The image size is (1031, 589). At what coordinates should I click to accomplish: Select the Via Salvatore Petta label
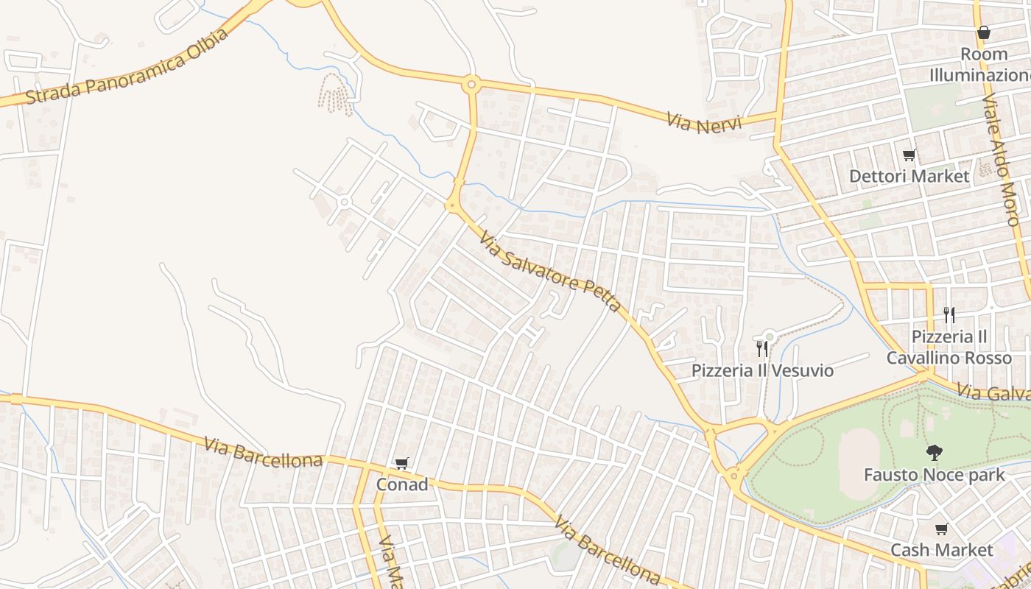(549, 270)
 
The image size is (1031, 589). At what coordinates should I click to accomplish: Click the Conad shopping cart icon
(401, 464)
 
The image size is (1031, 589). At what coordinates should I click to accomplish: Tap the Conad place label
(402, 484)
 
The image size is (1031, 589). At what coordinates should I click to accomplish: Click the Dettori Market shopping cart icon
(909, 155)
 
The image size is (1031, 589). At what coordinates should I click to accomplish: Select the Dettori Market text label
(909, 177)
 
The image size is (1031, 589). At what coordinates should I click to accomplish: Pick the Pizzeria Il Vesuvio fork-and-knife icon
(762, 348)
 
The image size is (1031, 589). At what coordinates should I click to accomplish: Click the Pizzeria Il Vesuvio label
(762, 370)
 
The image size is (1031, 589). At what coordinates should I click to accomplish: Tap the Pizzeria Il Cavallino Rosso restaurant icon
(949, 315)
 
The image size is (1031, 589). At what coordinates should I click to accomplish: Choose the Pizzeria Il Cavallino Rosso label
(949, 347)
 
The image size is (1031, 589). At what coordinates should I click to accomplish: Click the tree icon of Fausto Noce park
(934, 452)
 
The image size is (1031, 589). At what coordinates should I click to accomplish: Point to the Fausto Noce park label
(934, 475)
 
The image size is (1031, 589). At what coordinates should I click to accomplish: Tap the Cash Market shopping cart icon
(941, 529)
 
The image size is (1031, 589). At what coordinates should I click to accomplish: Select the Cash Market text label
(942, 550)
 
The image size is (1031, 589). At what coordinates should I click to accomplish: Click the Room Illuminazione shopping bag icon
(983, 32)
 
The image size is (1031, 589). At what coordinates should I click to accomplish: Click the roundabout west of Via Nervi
(471, 85)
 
